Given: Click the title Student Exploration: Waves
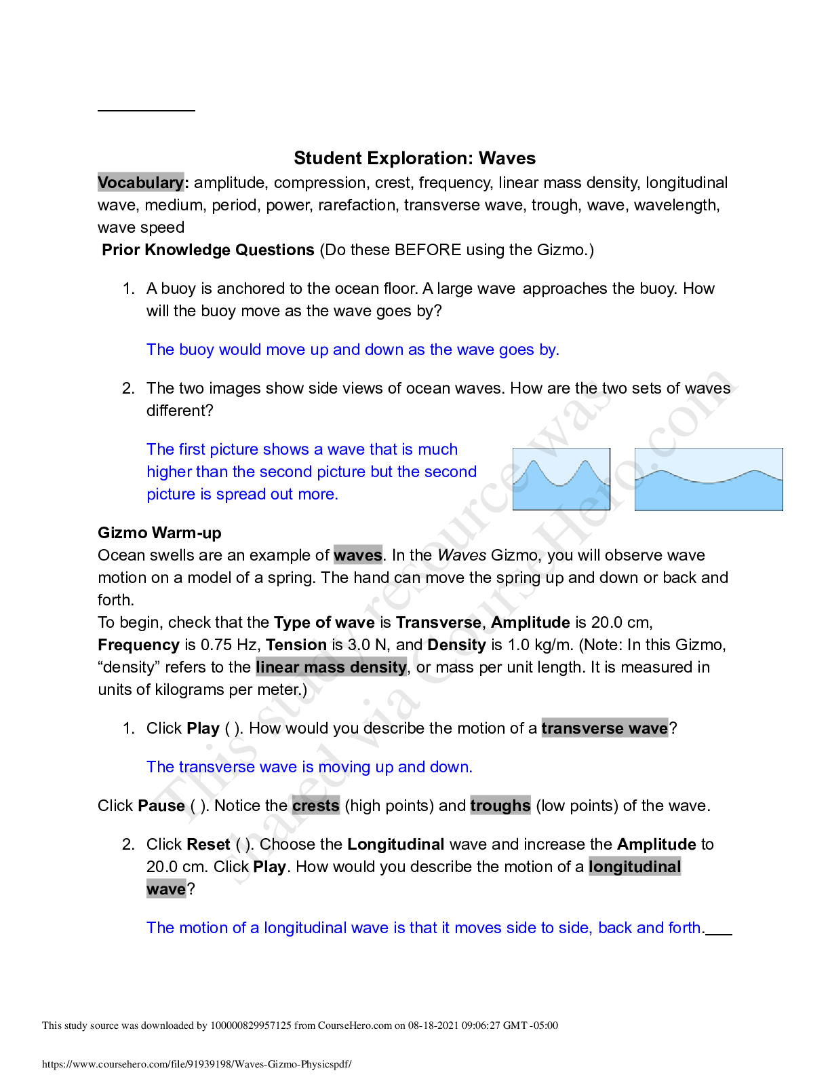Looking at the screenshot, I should pos(414,158).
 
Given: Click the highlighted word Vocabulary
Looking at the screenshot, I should pos(140,183).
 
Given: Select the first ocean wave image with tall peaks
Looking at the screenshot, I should pos(561,479).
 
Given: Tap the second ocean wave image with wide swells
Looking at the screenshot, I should pos(708,479).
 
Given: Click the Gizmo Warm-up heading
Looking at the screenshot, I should pos(159,533).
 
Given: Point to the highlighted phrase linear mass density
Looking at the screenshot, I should pos(331,667).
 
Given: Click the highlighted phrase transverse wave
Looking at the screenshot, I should pos(604,728).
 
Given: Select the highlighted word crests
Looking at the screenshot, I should pos(315,806).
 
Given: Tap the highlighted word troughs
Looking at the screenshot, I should pos(500,806).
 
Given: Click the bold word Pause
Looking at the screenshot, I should pos(161,806).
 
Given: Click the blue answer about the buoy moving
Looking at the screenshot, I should pos(353,350).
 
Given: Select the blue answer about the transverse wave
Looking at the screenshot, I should pos(309,767).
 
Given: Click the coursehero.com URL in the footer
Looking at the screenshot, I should pos(197,1064).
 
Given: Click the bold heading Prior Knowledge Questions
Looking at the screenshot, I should pos(208,250).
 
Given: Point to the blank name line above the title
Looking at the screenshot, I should pos(146,109).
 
